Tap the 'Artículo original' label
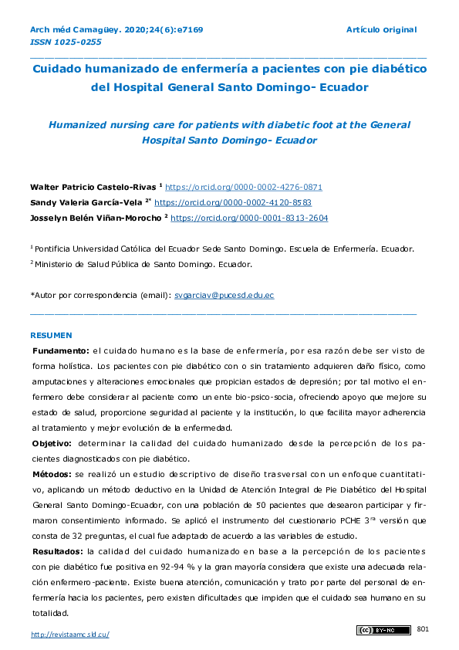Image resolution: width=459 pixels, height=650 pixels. (381, 29)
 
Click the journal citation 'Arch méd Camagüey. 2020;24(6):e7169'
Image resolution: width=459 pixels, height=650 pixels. (116, 29)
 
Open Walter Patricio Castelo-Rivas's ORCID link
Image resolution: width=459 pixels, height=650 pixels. (244, 187)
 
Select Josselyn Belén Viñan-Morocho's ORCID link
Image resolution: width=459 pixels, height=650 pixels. (248, 218)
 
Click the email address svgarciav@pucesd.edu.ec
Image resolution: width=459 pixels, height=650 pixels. (224, 295)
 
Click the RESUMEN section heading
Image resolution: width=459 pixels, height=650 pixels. (51, 336)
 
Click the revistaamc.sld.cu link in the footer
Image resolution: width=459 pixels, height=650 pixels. (69, 635)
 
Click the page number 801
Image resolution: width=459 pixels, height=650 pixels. (422, 630)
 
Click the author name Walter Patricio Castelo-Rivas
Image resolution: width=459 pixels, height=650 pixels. (93, 187)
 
